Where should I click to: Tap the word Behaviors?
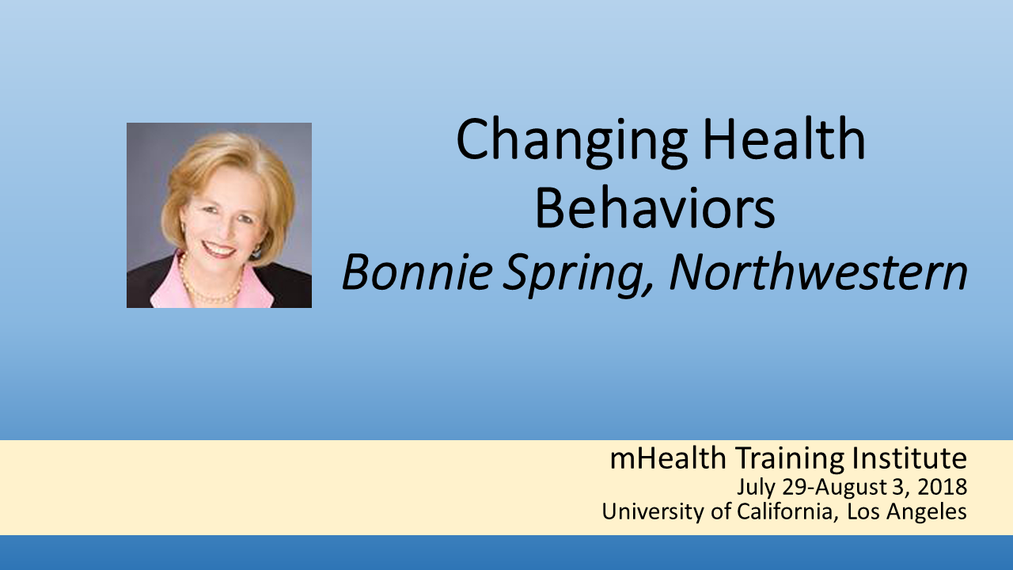[654, 208]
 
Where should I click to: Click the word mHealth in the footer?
[668, 458]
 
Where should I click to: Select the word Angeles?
[926, 512]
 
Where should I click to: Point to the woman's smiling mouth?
[219, 249]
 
